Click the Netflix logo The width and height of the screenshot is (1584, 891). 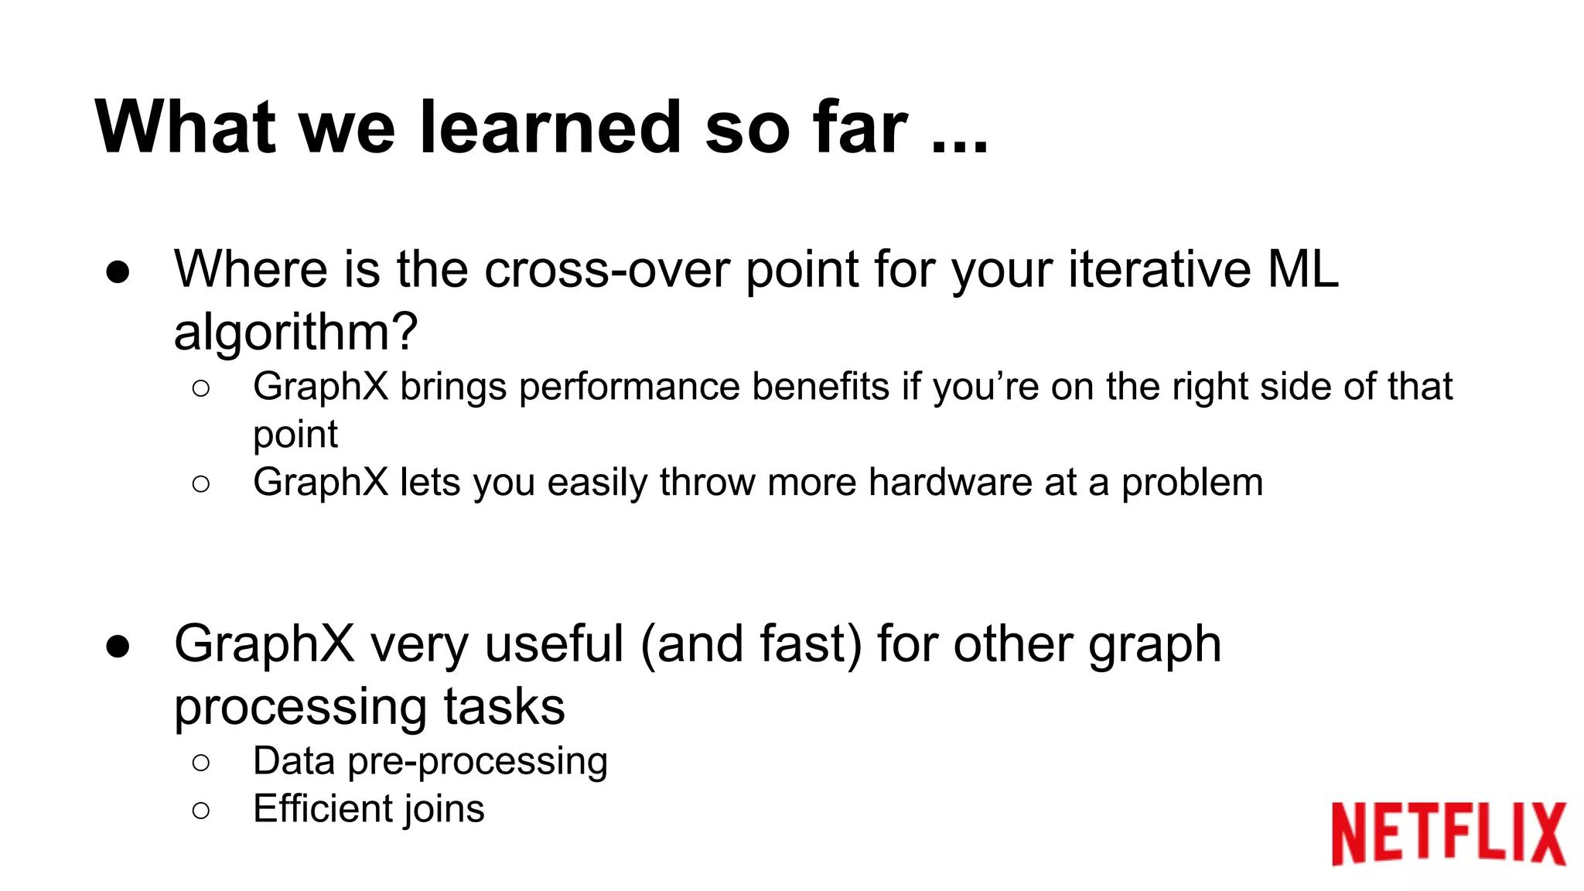click(x=1448, y=833)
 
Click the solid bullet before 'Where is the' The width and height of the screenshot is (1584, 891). click(x=118, y=273)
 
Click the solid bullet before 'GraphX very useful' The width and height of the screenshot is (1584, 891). click(x=118, y=647)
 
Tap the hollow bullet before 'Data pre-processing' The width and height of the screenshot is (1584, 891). click(x=200, y=763)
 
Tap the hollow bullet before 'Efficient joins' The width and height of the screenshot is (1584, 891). click(x=200, y=811)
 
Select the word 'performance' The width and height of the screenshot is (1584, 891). click(x=629, y=387)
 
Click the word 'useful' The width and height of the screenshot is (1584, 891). click(x=554, y=643)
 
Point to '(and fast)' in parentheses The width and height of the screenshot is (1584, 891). click(x=750, y=645)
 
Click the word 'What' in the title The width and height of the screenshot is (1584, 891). click(x=186, y=128)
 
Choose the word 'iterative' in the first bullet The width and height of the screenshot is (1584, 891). click(x=1159, y=270)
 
